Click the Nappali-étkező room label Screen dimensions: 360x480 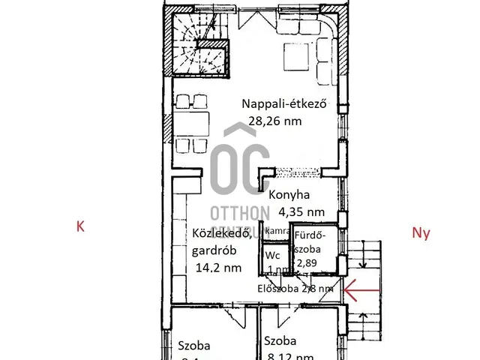[x=286, y=105]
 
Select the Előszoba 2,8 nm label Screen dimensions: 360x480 [x=295, y=288]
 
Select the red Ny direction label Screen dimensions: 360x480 [x=421, y=233]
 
